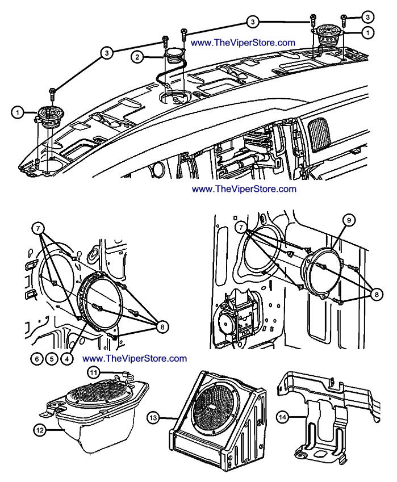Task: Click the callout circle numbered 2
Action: (137, 57)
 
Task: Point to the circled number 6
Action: (36, 358)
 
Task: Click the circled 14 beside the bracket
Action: (282, 417)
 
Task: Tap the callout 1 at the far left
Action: (18, 113)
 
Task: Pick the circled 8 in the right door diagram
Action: (374, 294)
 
